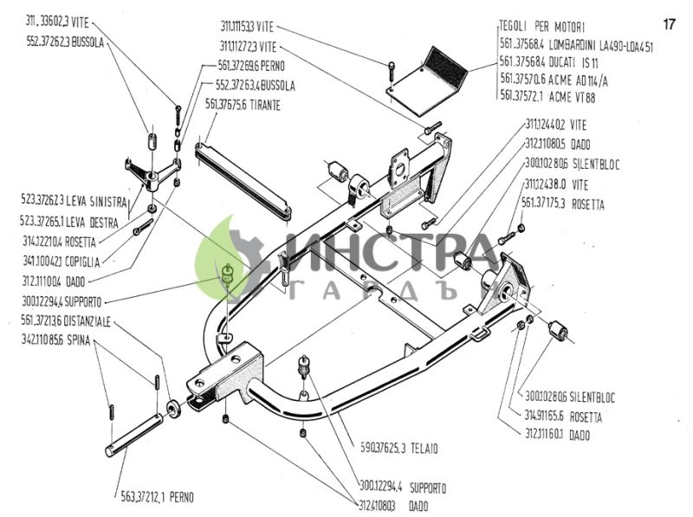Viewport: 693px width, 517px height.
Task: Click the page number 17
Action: click(x=669, y=23)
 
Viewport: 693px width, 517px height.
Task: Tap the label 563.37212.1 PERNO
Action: click(x=157, y=497)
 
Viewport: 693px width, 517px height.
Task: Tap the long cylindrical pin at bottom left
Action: click(x=134, y=434)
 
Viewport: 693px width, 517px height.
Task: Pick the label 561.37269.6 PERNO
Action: click(x=251, y=65)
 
